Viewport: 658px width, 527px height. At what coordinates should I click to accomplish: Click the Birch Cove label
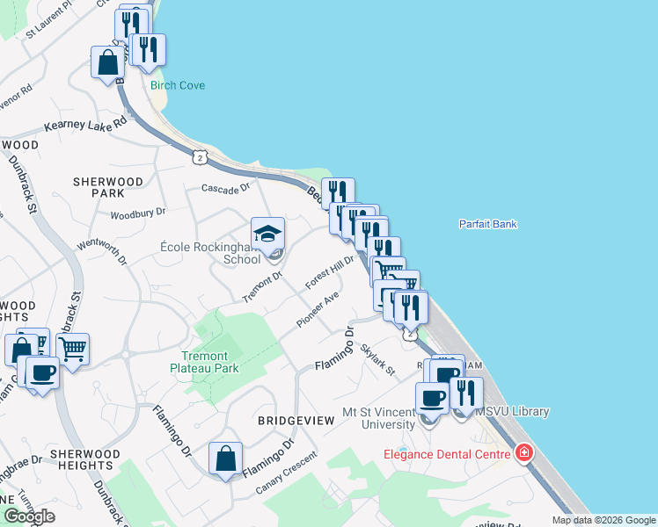[x=178, y=85]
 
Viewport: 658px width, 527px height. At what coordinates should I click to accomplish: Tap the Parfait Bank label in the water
[x=487, y=224]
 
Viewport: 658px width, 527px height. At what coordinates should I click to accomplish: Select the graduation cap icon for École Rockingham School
[x=268, y=234]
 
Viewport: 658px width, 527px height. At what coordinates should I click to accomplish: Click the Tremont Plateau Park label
[x=204, y=362]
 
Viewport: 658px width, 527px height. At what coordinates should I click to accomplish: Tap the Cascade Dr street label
[x=226, y=188]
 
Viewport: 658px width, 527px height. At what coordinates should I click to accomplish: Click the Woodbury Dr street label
[x=138, y=213]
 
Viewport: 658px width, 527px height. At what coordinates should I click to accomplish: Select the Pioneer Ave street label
[x=318, y=311]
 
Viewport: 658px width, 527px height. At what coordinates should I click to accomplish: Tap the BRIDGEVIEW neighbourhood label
[x=296, y=421]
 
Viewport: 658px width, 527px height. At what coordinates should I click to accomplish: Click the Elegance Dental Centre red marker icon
[x=524, y=453]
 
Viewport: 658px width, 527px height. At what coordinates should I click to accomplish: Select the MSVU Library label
[x=512, y=411]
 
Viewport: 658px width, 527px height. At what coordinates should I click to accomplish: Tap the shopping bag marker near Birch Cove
[x=107, y=62]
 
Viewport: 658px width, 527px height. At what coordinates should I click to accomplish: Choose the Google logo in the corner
[x=28, y=516]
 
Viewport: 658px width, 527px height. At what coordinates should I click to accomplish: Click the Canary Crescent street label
[x=286, y=473]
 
